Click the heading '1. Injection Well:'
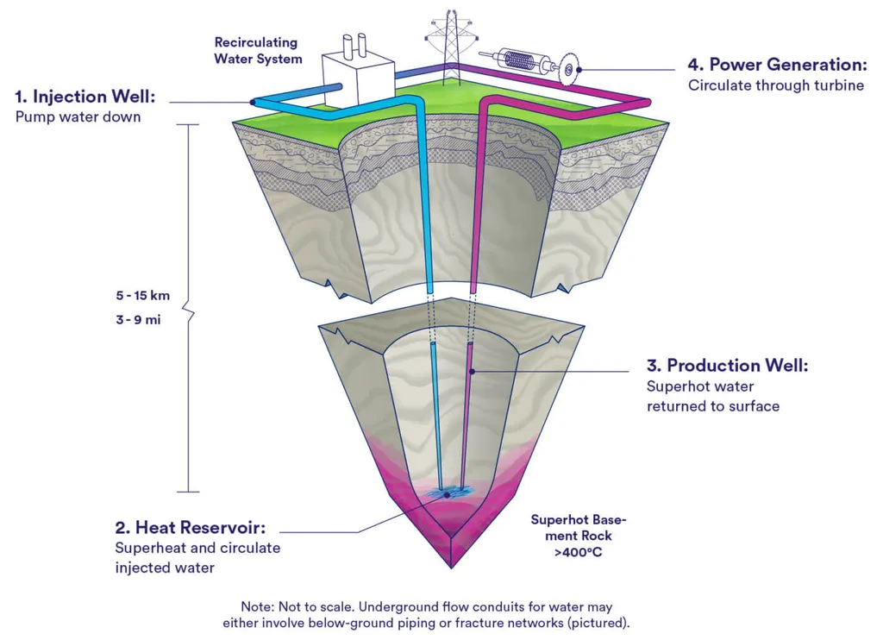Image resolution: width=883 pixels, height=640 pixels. [85, 97]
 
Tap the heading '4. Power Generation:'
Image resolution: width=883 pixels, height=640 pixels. [776, 66]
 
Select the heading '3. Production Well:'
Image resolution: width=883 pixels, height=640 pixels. [727, 366]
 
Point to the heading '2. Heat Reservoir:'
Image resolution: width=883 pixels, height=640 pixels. [190, 527]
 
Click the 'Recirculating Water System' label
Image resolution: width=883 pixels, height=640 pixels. [258, 50]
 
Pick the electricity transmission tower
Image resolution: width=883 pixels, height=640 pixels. [443, 43]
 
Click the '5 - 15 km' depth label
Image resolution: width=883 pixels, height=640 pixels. [142, 296]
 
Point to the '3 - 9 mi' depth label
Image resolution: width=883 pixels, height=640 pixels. [138, 320]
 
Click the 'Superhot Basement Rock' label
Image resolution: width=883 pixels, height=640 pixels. [579, 527]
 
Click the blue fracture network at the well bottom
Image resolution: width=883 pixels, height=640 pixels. [446, 493]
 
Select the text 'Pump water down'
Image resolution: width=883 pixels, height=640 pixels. [78, 116]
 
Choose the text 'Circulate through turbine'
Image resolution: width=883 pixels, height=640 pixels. [775, 85]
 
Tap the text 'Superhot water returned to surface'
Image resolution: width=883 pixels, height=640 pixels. [712, 396]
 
